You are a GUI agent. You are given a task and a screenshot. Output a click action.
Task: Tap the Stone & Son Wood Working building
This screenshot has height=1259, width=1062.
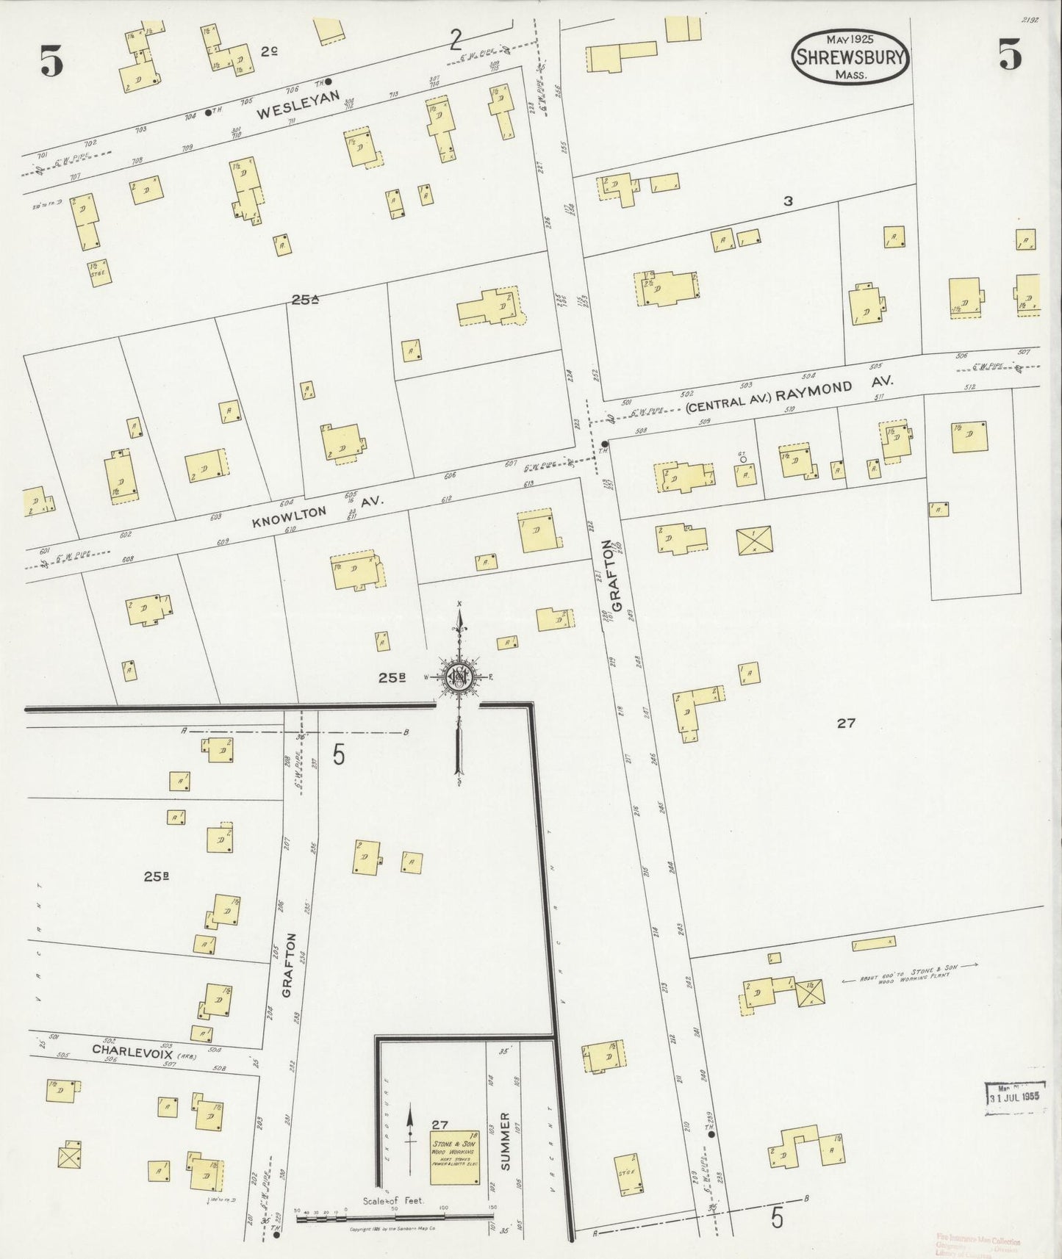pos(453,1157)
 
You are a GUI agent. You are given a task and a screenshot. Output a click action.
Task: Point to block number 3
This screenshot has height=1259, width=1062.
pos(787,201)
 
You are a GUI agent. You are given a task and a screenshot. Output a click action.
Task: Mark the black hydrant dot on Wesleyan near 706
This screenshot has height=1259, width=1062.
pos(329,82)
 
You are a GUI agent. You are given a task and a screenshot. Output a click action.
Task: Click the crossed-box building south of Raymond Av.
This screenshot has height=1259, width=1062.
pos(754,540)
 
